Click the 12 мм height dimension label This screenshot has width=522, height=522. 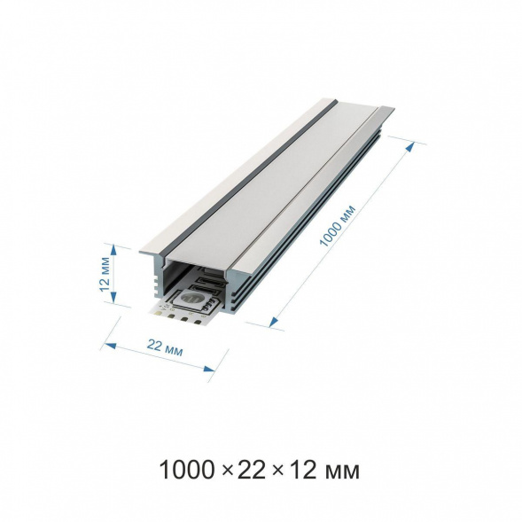click(x=105, y=274)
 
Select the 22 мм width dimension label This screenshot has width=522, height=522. click(x=165, y=347)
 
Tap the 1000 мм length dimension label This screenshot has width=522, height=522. click(x=338, y=226)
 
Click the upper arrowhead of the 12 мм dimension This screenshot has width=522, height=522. click(x=113, y=250)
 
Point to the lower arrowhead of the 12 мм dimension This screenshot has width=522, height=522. click(x=113, y=298)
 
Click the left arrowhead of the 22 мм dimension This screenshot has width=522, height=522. click(x=110, y=346)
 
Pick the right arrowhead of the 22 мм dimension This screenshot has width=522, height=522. click(x=209, y=369)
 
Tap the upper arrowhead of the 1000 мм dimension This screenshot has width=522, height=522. click(x=411, y=147)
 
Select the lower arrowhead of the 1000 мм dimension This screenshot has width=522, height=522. click(x=274, y=321)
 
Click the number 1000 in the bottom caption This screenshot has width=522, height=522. click(x=186, y=470)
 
